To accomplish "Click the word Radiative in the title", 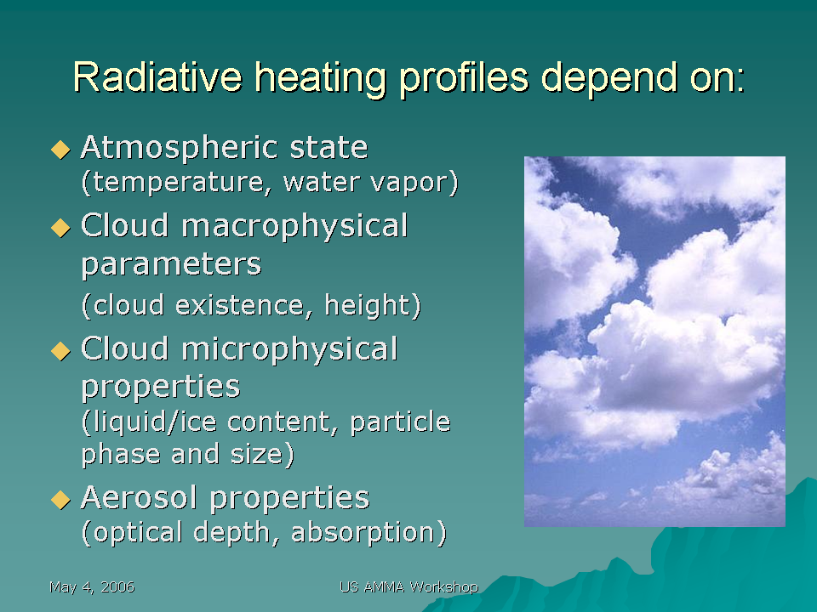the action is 158,77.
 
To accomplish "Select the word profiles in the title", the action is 464,78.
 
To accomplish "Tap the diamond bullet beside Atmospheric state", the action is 61,150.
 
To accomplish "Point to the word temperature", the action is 177,183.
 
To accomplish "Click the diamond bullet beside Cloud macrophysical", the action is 61,228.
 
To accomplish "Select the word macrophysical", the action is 294,227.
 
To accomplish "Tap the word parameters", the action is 171,265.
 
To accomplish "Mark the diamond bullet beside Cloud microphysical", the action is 61,351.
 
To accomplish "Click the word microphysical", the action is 289,349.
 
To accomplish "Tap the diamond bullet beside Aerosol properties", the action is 61,500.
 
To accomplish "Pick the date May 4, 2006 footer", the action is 92,587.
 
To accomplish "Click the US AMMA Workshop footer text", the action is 409,587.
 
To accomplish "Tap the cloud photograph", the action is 654,342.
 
